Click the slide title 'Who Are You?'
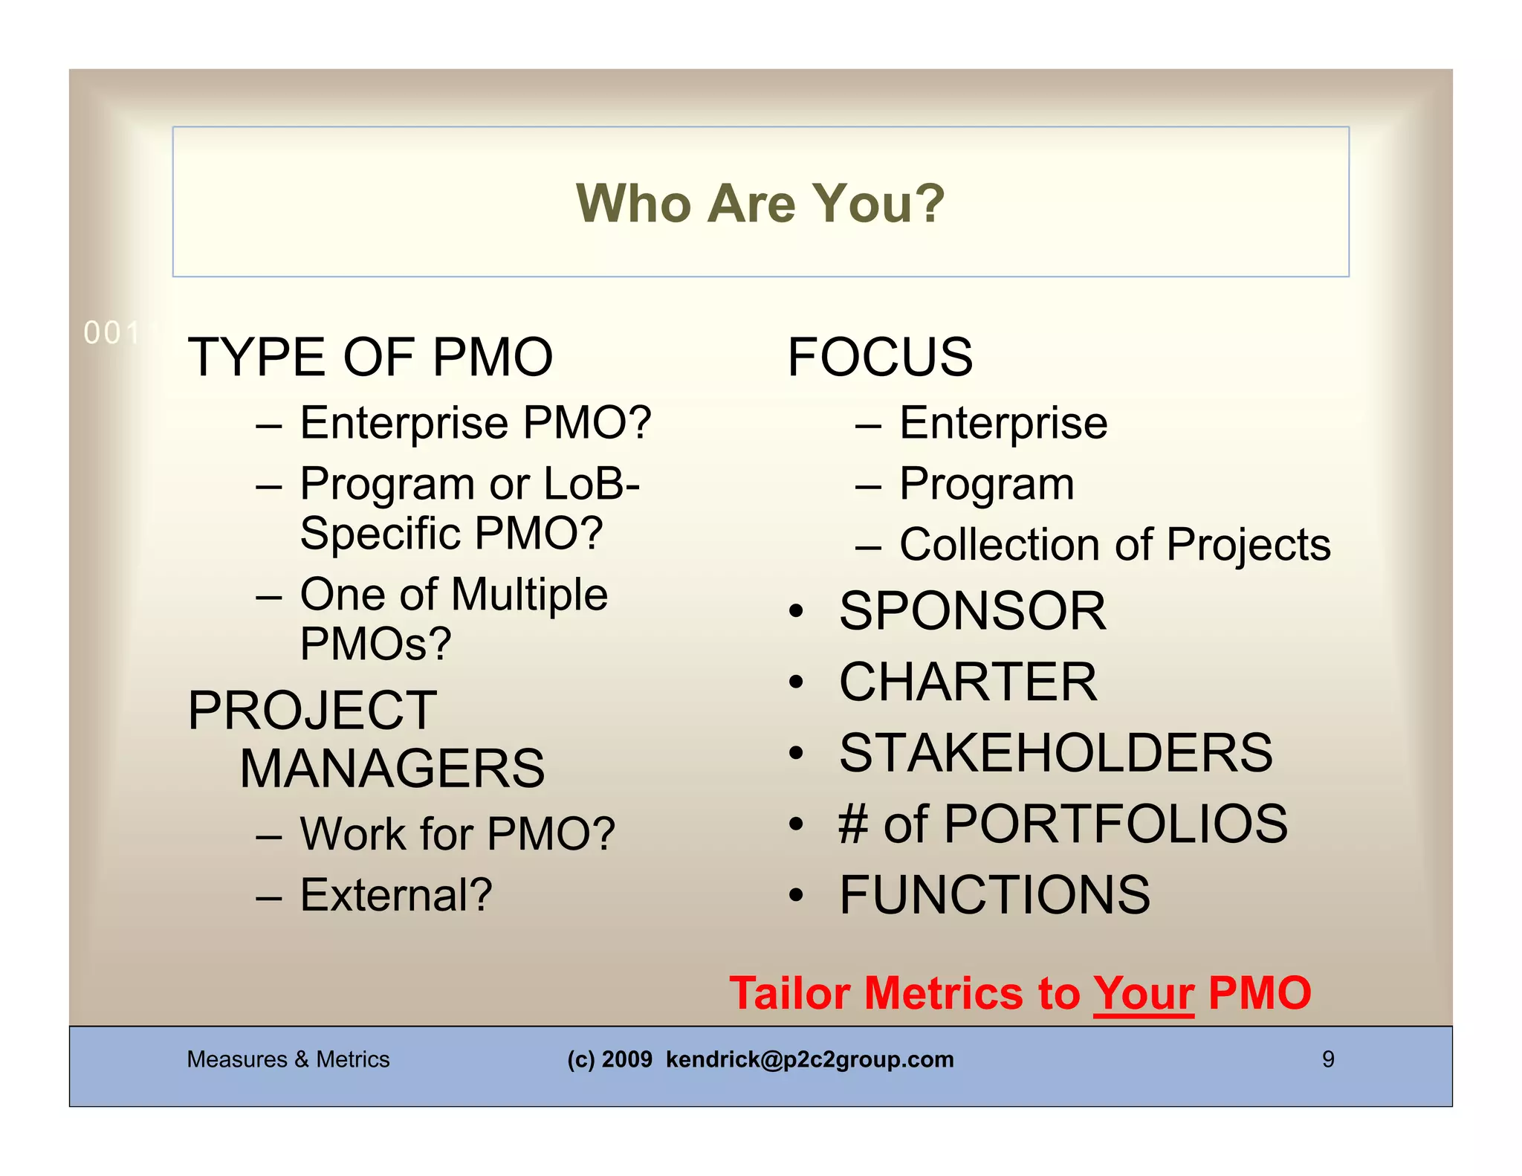760,203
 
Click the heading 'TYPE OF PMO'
370,358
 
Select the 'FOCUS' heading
880,358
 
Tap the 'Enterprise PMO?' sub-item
476,423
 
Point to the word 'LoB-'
592,484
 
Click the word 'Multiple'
529,595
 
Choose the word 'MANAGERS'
392,769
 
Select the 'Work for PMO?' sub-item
457,833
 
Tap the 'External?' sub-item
396,894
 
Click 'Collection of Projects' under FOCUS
1114,545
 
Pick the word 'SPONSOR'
972,611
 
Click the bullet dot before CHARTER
796,682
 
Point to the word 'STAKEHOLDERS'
1055,753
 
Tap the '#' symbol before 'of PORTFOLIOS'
853,824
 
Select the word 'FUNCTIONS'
994,894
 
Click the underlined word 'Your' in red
1143,993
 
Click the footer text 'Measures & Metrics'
288,1059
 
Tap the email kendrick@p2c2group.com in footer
809,1059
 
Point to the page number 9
1328,1059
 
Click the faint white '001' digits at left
111,333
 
